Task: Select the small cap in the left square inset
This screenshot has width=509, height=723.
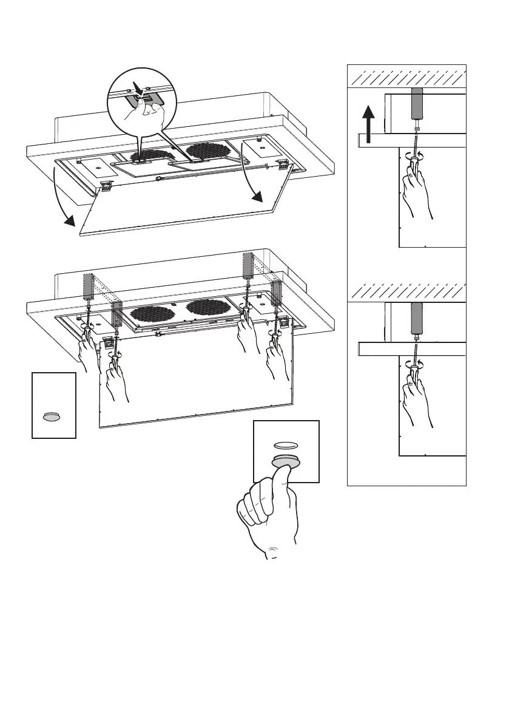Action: pos(52,416)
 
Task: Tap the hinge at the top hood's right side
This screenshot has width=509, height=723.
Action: pos(281,163)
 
